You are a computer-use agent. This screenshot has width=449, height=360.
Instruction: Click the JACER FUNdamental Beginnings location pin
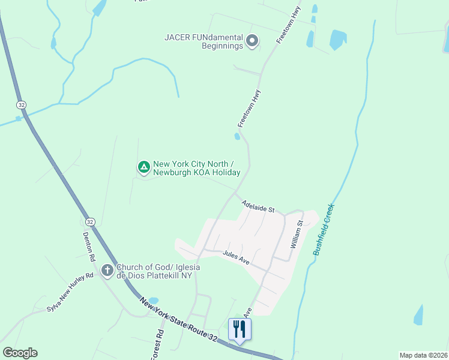coord(252,41)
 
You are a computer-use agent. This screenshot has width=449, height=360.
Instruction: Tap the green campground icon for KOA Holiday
coord(143,167)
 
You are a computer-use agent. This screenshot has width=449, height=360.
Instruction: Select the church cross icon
coord(107,271)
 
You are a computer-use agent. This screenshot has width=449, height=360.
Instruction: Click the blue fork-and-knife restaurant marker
coord(240,329)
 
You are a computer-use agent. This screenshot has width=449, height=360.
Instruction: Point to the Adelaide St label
coord(258,207)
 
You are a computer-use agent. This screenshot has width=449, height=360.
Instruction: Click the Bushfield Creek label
coord(324,230)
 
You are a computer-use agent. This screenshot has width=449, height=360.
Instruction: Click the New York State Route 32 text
coord(178,322)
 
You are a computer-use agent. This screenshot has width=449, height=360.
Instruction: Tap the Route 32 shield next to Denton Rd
coord(90,221)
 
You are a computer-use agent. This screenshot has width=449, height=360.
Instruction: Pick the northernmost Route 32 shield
coord(22,104)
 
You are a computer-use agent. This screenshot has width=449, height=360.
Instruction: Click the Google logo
coord(20,353)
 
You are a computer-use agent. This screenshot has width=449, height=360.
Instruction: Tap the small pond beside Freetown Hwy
coord(238,136)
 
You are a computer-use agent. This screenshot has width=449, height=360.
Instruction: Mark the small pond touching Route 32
coord(152,301)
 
